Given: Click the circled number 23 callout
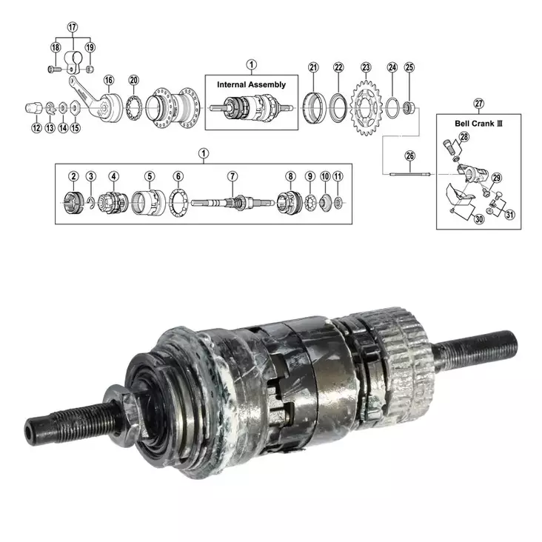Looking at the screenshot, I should (366, 67).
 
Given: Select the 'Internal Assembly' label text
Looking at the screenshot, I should (251, 85).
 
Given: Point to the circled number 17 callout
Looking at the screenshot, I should (72, 27).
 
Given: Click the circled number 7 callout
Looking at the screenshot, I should (232, 176).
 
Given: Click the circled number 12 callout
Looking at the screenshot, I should (36, 128).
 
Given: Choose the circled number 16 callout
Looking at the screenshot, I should (109, 80).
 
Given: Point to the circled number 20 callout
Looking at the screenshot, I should (134, 80).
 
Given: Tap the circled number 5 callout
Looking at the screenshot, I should (150, 176).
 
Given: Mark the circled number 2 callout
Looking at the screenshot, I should (73, 176).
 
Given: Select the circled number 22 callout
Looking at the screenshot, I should (338, 67).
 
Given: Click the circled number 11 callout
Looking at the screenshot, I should (338, 176).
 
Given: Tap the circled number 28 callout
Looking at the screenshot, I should (464, 137).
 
